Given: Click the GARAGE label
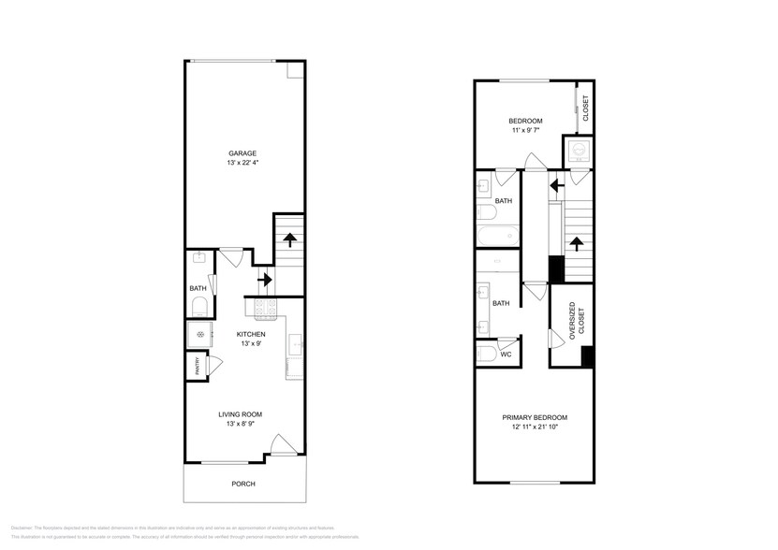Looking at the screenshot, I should [x=242, y=153].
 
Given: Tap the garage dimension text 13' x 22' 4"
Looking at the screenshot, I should [x=242, y=164].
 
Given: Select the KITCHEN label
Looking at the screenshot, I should [x=250, y=334].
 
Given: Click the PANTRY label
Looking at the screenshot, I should [x=198, y=368].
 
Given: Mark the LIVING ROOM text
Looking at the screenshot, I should [x=241, y=413].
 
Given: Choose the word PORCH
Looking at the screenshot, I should [x=242, y=484].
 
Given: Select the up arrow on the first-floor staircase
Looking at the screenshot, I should [x=289, y=238].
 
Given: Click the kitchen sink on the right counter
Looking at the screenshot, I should [x=296, y=345].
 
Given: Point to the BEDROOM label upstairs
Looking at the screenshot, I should [x=525, y=121].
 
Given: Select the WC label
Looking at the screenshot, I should [x=505, y=355].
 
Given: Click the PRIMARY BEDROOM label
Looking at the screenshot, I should [x=534, y=417].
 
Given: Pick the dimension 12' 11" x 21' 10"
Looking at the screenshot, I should [x=534, y=427].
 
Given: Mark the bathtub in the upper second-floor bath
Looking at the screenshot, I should [x=492, y=234].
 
